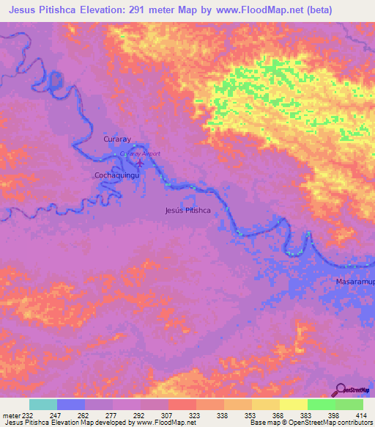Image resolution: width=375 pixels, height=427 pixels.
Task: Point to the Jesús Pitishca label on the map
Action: [188, 211]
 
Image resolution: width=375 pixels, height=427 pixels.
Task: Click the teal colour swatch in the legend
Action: [43, 404]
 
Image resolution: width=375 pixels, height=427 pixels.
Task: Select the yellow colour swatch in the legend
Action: [293, 404]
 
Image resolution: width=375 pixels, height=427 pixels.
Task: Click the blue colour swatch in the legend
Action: [71, 404]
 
